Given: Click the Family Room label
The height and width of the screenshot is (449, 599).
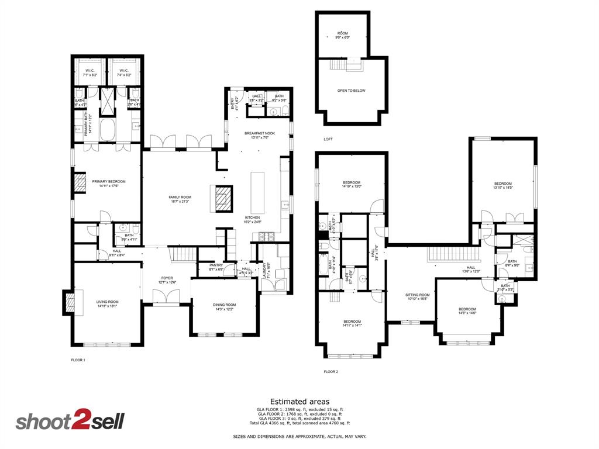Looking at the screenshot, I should pyautogui.click(x=181, y=197).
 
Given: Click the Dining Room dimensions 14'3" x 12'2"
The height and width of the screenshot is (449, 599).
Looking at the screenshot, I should pyautogui.click(x=225, y=309).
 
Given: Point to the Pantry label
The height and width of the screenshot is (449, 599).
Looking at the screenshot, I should pyautogui.click(x=215, y=265).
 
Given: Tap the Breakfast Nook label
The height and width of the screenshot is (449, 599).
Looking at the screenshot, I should pyautogui.click(x=259, y=133).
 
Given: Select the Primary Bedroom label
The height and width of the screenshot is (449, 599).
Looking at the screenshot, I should pyautogui.click(x=109, y=181).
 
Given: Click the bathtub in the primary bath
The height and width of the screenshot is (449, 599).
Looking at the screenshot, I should pyautogui.click(x=109, y=129).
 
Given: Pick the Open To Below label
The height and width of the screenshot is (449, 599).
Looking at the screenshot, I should pyautogui.click(x=352, y=91).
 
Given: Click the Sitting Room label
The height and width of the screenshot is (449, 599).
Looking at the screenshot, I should pyautogui.click(x=418, y=295).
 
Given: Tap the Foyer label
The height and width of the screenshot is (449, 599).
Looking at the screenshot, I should pyautogui.click(x=167, y=278).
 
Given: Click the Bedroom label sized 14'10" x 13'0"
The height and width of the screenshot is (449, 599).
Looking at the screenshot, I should pyautogui.click(x=352, y=182).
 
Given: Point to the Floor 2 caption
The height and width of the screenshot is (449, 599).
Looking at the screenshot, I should pyautogui.click(x=331, y=371).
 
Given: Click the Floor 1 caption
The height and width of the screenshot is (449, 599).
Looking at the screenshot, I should pyautogui.click(x=78, y=360).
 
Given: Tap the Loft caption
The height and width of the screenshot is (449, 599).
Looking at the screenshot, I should pyautogui.click(x=328, y=139).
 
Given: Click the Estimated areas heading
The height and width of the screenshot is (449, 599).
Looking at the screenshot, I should pyautogui.click(x=299, y=401).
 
